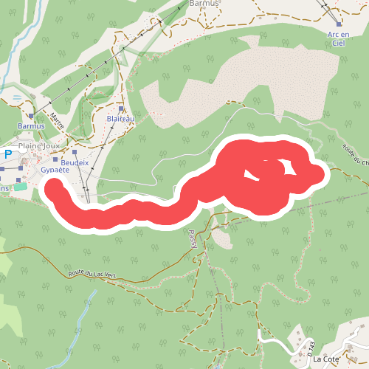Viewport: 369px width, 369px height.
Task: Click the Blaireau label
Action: point(120,118)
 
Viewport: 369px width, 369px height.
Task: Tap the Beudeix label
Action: point(75,162)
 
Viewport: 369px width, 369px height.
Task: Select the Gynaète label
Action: point(55,170)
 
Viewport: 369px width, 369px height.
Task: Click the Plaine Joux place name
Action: point(38,146)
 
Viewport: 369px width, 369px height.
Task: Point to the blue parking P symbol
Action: point(8,155)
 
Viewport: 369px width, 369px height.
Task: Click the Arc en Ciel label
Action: point(337,38)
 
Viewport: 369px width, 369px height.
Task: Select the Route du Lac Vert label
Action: point(92,275)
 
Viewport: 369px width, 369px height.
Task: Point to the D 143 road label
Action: point(312,347)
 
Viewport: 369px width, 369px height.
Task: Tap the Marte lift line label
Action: point(57,120)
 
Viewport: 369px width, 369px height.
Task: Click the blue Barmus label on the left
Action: point(31,126)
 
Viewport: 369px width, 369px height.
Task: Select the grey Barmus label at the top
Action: point(204,4)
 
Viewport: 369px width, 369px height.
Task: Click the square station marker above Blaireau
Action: point(121,108)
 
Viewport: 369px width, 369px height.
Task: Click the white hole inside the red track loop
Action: point(253,175)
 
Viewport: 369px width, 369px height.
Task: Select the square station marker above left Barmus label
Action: point(31,116)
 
